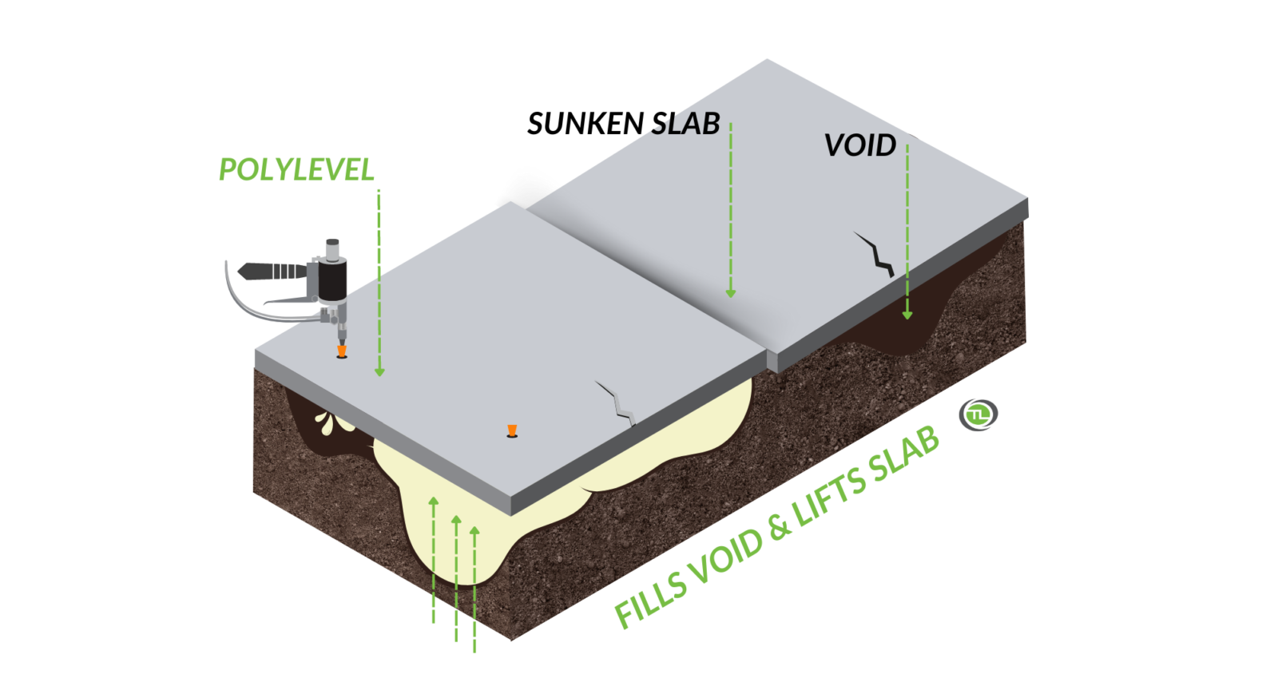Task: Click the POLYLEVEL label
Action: click(296, 169)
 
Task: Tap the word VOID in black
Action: click(859, 145)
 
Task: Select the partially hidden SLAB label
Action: click(685, 125)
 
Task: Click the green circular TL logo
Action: click(978, 414)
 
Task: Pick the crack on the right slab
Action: click(876, 253)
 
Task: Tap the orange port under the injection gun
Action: click(341, 351)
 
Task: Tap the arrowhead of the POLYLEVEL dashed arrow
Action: click(379, 371)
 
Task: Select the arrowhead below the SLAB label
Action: click(730, 293)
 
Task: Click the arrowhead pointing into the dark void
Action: click(907, 315)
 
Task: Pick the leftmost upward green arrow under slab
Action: click(434, 502)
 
